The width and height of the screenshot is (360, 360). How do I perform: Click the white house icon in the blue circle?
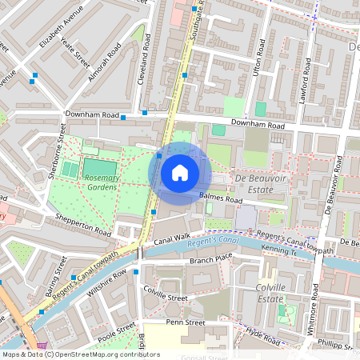pos(180,173)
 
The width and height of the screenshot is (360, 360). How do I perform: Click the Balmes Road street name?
pos(222,198)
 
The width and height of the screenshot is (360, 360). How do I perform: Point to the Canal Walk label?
pos(171,238)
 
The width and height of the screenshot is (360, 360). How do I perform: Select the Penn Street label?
pos(186,323)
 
